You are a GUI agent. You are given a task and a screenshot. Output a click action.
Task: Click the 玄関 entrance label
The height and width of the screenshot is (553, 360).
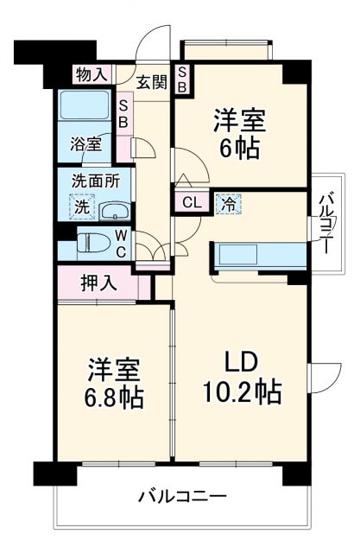point(151,82)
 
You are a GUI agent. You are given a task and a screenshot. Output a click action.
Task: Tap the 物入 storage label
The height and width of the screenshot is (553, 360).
point(92,75)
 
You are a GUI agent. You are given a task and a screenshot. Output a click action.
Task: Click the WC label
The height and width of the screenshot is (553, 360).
point(122,243)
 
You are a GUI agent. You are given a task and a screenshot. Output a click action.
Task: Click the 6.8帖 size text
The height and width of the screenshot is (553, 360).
point(115,399)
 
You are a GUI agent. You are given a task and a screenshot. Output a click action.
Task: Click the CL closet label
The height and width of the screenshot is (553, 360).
point(193,204)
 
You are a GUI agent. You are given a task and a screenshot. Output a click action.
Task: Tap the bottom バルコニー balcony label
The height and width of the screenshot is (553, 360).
point(182,498)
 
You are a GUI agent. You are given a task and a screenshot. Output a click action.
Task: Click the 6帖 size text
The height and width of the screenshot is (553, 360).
point(237,149)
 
